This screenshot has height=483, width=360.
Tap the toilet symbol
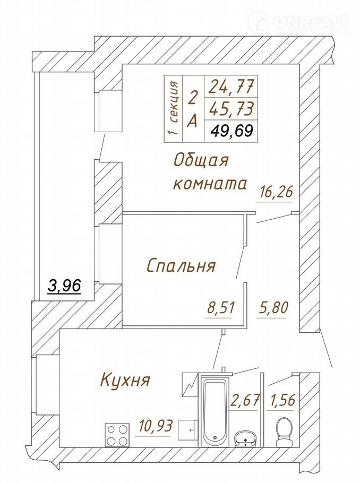click(x=284, y=432)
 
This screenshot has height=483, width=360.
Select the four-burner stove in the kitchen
click(x=117, y=434)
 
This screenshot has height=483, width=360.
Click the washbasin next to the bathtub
click(x=245, y=438)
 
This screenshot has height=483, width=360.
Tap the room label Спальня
click(x=181, y=265)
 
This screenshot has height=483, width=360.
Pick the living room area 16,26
click(x=275, y=192)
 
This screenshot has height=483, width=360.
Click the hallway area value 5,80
click(x=272, y=307)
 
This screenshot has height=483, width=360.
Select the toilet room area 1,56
click(x=282, y=400)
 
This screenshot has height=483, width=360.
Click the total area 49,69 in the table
click(x=232, y=131)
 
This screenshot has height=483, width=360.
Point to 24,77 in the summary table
click(x=232, y=87)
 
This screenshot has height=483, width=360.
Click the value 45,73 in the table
click(x=232, y=108)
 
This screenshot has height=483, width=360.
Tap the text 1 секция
click(x=174, y=108)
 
